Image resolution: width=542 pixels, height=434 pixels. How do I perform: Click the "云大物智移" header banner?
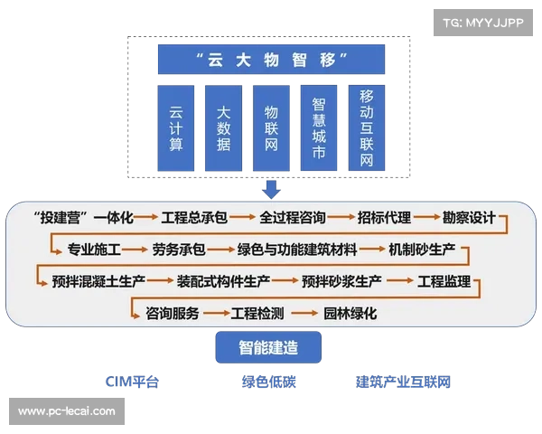pos(272,60)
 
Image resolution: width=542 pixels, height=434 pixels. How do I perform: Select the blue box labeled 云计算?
pos(176,128)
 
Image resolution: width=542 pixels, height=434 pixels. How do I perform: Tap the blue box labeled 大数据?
pos(224,128)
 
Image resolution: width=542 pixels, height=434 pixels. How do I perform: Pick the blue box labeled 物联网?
pos(271,128)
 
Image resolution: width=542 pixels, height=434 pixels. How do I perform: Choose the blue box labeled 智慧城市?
pos(318,128)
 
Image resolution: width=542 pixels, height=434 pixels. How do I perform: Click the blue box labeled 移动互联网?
pos(366,128)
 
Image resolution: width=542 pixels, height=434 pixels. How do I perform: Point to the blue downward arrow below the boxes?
pos(271,188)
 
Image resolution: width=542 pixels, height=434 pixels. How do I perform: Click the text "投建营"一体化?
pos(82,218)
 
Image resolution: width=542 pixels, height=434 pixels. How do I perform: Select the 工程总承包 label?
pos(194,218)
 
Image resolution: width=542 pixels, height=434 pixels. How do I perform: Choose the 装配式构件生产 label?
pos(223,281)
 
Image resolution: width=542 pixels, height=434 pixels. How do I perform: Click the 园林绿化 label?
pos(350,314)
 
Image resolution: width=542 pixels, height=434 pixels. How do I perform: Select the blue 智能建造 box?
pos(268,347)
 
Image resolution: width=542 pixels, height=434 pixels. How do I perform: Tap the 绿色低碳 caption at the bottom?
pos(268,382)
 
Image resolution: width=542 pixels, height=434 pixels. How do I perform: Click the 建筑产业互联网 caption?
pos(403,382)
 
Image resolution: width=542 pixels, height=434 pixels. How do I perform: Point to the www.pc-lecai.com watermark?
pos(67,411)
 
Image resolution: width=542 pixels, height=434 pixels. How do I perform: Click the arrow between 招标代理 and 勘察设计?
pos(426,218)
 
